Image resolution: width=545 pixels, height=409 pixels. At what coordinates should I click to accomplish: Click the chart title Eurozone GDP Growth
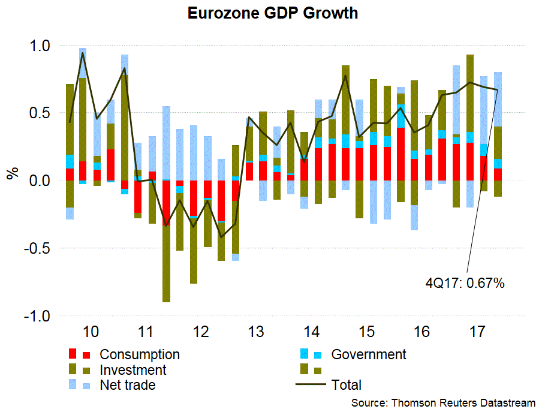point(272,13)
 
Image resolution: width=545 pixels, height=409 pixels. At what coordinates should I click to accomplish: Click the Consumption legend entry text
point(140,354)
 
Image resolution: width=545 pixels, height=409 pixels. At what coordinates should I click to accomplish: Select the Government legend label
point(369,354)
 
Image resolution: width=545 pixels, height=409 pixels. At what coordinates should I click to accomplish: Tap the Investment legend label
point(133,370)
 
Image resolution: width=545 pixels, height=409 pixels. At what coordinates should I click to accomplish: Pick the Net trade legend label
point(128,385)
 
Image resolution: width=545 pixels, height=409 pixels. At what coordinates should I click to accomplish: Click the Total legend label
point(347,385)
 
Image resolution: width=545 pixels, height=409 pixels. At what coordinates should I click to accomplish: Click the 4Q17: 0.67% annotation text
point(465,282)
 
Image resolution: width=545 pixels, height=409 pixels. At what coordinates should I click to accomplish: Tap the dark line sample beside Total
point(311,385)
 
